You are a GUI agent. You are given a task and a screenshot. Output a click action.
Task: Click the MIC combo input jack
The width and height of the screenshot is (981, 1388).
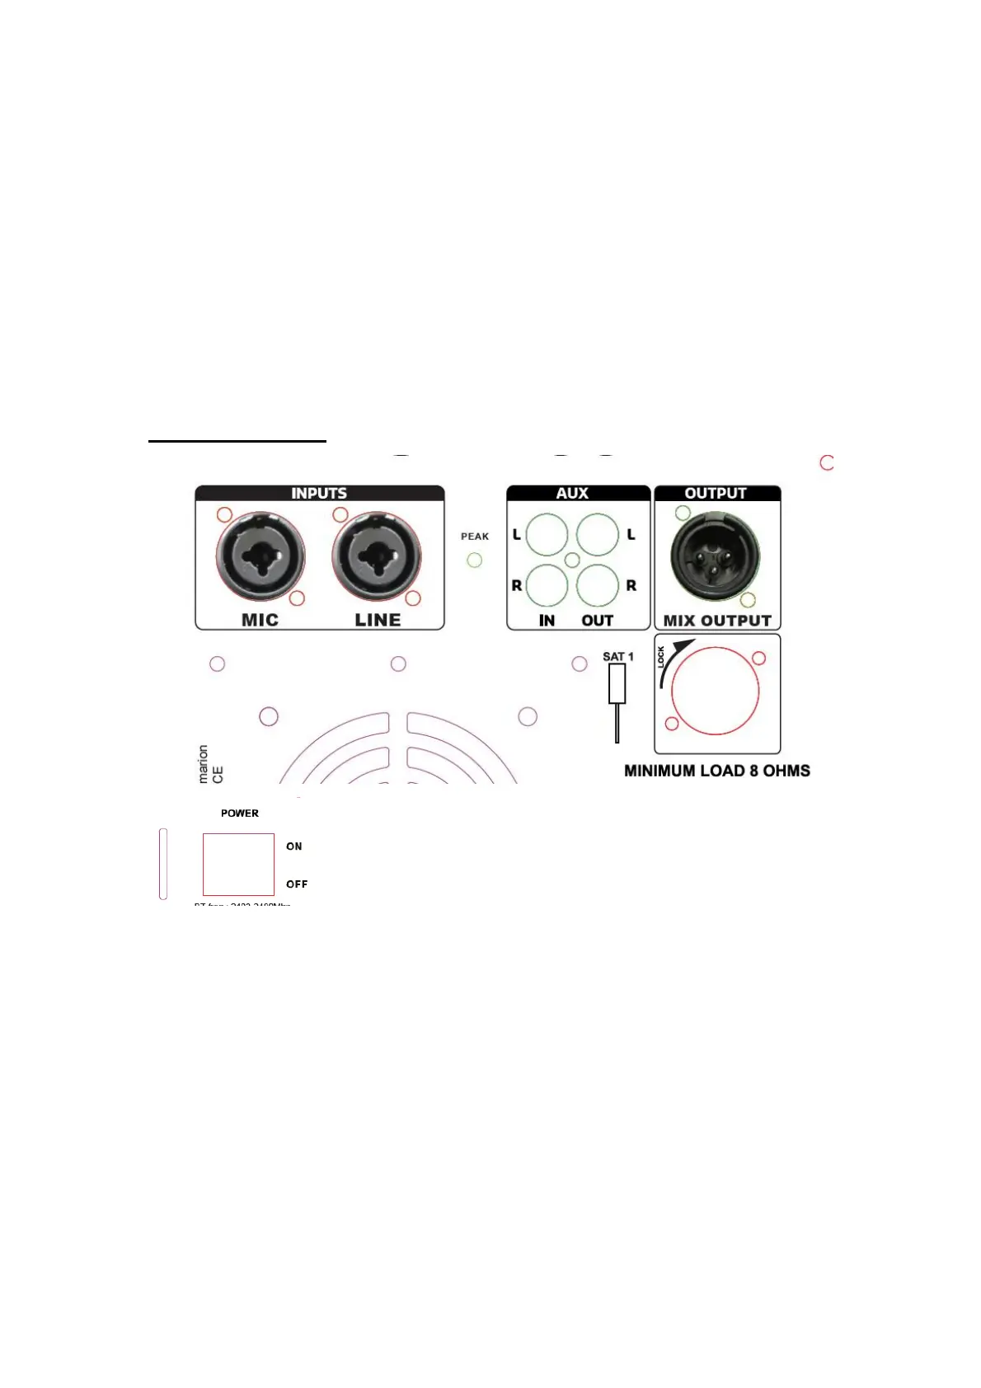(260, 557)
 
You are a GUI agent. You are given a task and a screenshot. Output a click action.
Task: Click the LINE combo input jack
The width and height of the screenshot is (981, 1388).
(377, 557)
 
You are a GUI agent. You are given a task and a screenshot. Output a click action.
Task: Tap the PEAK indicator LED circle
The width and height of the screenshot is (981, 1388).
(474, 560)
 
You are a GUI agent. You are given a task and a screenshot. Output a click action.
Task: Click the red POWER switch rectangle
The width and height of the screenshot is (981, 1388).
(238, 864)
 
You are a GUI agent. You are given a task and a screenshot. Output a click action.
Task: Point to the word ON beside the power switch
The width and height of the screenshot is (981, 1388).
(294, 846)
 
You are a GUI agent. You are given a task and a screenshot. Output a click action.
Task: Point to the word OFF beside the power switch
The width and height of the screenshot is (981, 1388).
(297, 884)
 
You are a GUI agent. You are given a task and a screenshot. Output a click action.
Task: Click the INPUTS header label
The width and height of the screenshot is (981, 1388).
(319, 494)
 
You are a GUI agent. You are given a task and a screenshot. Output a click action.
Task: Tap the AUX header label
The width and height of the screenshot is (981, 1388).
(572, 494)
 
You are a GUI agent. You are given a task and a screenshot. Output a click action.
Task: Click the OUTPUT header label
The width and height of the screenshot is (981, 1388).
(716, 494)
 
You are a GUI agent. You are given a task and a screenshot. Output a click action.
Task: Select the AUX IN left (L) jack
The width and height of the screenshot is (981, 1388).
(547, 534)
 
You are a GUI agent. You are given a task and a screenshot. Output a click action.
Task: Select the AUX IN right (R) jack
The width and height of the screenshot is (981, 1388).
(547, 586)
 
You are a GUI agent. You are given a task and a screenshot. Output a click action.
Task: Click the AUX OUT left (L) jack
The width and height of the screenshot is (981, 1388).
(598, 534)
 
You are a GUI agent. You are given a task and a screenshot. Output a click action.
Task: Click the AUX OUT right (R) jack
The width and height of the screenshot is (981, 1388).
(598, 586)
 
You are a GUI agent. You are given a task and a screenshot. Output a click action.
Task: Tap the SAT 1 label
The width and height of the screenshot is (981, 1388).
(618, 657)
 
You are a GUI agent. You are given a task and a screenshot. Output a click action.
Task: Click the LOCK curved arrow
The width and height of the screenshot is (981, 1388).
(672, 659)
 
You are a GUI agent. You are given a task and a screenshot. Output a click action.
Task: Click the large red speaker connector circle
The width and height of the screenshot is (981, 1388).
(716, 692)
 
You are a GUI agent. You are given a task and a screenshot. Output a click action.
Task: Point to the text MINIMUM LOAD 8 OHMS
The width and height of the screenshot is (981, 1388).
(717, 771)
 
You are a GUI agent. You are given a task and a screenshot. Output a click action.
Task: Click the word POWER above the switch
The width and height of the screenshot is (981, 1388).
(240, 814)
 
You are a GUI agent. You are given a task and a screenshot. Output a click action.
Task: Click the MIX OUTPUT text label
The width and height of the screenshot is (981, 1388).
(717, 621)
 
